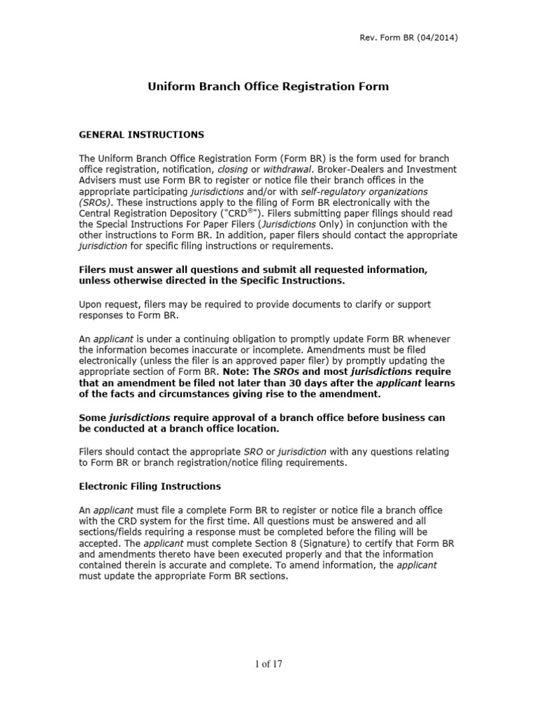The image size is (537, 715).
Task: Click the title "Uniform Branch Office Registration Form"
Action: [x=268, y=87]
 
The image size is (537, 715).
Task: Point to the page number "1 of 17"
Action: [x=268, y=663]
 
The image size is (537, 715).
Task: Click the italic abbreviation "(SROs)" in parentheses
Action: [x=96, y=202]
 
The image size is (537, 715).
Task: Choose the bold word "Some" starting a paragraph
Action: [x=93, y=417]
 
